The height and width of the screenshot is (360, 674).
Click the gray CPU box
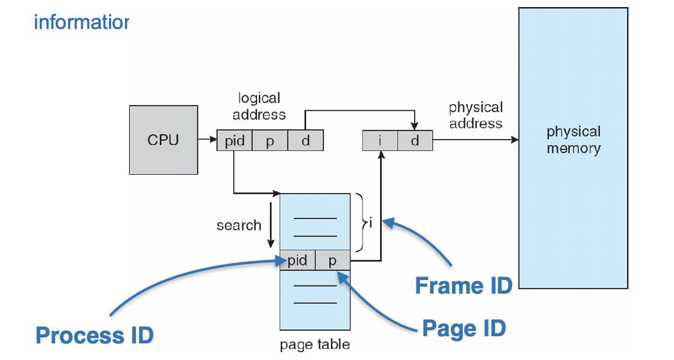tap(163, 140)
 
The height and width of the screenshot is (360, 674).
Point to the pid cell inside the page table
tap(297, 261)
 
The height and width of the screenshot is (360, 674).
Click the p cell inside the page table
tap(333, 261)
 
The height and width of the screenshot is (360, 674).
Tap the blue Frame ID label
tap(463, 285)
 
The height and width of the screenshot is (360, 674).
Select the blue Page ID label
tap(464, 327)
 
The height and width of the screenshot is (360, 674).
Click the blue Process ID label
tap(95, 335)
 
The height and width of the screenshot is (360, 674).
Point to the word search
tap(239, 225)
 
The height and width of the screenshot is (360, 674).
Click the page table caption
tap(315, 344)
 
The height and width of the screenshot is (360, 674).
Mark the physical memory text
tap(573, 140)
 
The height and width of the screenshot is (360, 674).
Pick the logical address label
tap(259, 106)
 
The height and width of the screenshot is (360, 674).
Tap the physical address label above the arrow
tap(476, 115)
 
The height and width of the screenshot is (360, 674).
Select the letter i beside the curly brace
tap(370, 223)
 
